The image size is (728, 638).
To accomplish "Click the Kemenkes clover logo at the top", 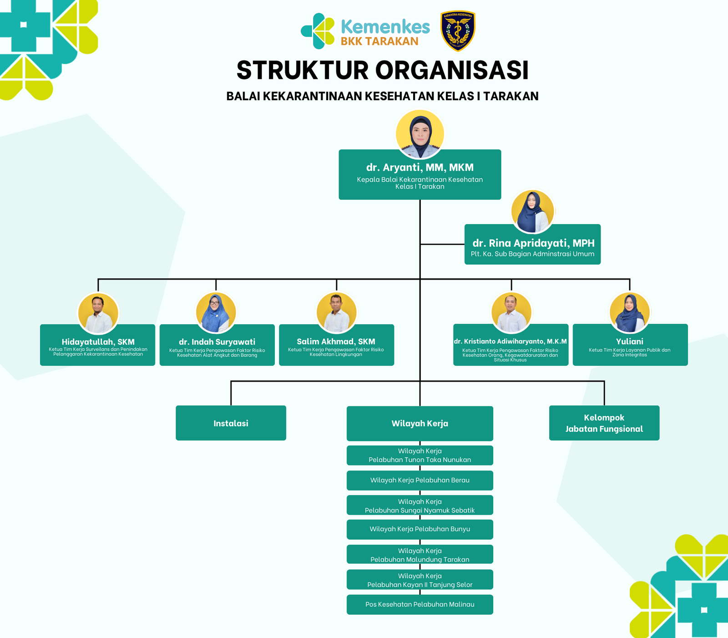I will tap(318, 31).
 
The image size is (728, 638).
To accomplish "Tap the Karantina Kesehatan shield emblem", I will tap(458, 31).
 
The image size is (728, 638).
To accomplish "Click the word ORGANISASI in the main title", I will tap(452, 71).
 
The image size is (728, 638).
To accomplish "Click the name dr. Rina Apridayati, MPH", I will tap(533, 243).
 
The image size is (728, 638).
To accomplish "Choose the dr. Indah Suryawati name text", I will tap(217, 342).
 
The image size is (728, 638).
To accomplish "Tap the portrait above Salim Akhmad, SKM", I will tap(336, 312).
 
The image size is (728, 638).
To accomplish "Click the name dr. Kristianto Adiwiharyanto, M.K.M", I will tap(511, 342).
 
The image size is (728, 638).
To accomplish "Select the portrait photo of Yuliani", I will tap(630, 312).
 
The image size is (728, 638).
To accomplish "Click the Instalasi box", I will tap(231, 423).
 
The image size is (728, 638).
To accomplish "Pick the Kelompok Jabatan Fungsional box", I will tap(604, 423).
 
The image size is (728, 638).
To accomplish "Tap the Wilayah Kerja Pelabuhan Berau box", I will tap(420, 480).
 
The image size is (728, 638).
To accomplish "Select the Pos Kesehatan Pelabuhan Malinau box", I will tap(420, 605).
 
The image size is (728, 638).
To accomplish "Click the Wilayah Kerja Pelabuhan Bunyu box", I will tap(420, 529).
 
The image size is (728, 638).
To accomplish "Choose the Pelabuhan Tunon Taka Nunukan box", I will tap(420, 455).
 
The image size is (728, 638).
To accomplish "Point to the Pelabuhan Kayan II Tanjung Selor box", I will tap(420, 580).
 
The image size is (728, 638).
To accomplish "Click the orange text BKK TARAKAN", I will tap(379, 41).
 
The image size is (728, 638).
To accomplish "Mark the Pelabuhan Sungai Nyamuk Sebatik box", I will tap(420, 505).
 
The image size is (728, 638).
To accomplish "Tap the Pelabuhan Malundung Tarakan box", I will tap(420, 555).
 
